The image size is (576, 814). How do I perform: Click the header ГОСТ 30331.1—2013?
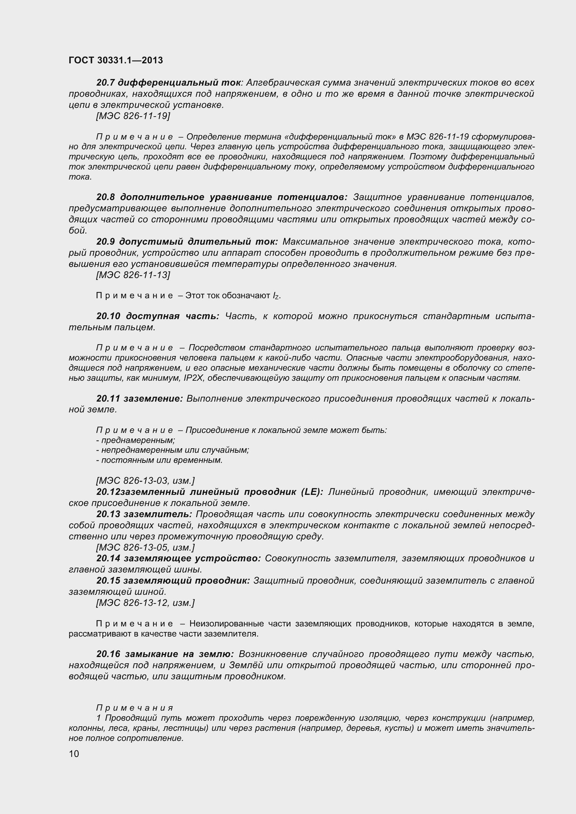[x=116, y=60]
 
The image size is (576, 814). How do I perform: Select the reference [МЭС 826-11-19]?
[x=133, y=116]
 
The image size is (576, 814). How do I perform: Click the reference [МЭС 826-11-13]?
[x=133, y=275]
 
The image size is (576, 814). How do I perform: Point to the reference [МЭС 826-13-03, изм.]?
[x=146, y=481]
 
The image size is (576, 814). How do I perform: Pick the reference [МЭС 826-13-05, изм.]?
[x=146, y=547]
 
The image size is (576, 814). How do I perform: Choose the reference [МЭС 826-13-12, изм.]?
[x=146, y=603]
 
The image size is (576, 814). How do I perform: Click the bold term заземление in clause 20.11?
[x=153, y=399]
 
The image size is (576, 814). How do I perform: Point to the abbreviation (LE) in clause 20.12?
[x=312, y=492]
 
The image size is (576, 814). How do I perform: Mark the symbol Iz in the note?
[x=275, y=296]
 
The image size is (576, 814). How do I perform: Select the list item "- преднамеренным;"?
[x=135, y=440]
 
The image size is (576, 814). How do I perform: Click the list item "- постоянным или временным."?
[x=159, y=460]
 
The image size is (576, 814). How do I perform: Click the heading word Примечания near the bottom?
[x=135, y=708]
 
